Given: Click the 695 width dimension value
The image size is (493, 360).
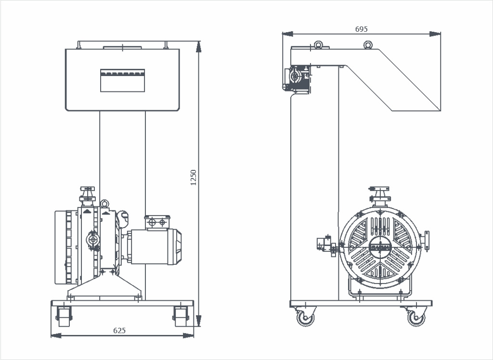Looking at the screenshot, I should point(362,29).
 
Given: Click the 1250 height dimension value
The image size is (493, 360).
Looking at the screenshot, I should point(194,177).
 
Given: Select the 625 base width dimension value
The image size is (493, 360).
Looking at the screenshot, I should point(119,330).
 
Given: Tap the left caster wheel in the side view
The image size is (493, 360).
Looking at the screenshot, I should point(305,318).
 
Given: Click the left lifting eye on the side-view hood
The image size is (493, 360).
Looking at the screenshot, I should point(318,45).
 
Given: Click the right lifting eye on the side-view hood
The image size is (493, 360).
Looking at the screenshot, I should point(368,45).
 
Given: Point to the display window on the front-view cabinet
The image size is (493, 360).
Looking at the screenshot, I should point(122,80).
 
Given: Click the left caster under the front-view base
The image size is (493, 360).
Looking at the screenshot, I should point(63,315).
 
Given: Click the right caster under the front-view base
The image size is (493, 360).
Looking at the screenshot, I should point(180,315).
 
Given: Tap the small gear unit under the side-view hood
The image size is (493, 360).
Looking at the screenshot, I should point(298,77).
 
